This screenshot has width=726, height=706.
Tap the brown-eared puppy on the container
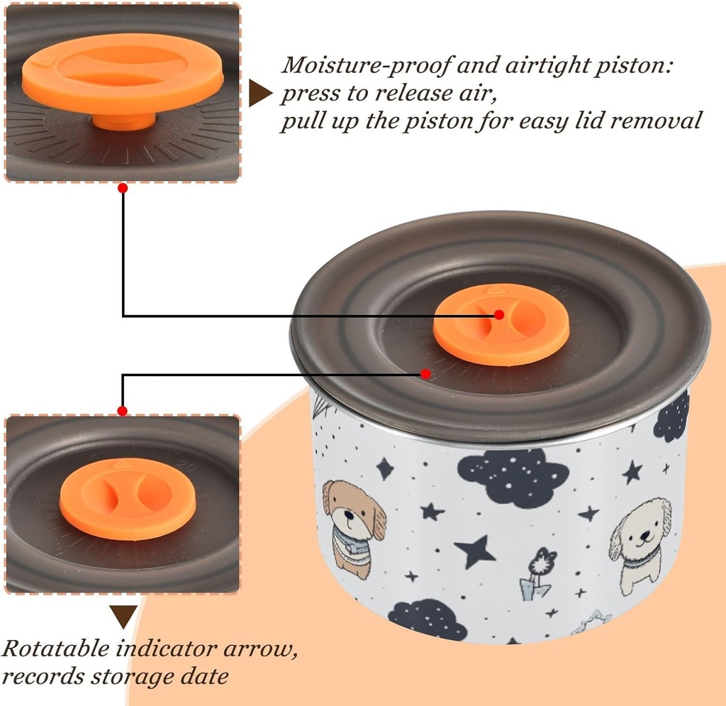point(354,525)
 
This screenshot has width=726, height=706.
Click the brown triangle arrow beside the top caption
point(259,94)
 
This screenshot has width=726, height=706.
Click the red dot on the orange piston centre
point(499,314)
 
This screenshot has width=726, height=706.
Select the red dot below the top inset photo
point(123,188)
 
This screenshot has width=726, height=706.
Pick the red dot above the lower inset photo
point(123,410)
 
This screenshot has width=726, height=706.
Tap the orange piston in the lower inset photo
point(117,498)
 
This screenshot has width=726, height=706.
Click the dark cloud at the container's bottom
point(428,619)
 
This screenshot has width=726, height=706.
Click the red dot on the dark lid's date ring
point(425,373)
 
